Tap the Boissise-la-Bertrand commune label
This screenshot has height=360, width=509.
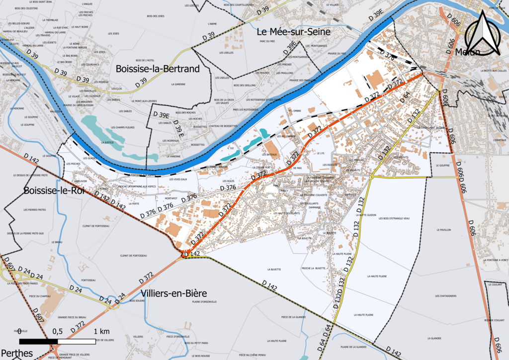[157, 69]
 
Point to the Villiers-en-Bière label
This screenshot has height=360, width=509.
[173, 293]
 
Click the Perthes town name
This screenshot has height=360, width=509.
[16, 354]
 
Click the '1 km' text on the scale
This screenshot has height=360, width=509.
[101, 331]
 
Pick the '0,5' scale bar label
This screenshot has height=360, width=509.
[57, 331]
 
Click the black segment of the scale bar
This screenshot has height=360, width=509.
[39, 342]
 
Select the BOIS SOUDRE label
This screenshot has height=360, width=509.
[137, 300]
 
